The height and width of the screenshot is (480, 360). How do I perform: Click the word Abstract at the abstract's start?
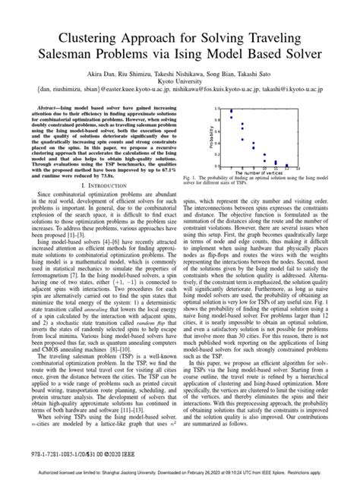(56, 131)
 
